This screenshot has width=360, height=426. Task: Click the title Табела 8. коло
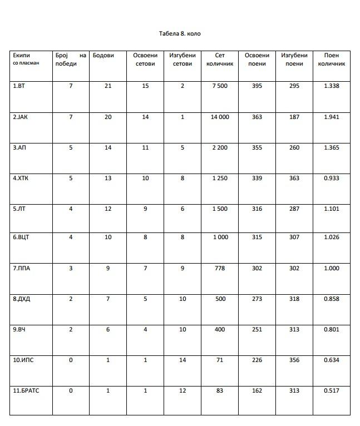point(180,34)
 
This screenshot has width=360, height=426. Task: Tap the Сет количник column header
point(220,60)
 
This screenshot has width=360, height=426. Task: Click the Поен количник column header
point(331,60)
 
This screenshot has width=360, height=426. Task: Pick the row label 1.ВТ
point(19,86)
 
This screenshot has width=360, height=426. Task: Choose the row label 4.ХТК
point(21,179)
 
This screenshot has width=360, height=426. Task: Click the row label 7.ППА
point(22,268)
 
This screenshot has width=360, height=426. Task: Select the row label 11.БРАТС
point(26,391)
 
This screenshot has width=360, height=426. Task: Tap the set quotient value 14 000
point(220,117)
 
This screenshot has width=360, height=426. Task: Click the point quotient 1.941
point(331,117)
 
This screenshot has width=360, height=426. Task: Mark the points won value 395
point(257,86)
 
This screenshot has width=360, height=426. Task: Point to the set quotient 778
point(220,268)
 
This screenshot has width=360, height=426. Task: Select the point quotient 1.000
point(331,268)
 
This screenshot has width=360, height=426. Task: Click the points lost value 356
point(294,360)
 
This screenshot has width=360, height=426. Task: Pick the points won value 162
point(257,391)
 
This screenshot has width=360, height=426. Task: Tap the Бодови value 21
point(108,86)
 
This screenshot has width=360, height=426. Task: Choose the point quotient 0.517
point(331,391)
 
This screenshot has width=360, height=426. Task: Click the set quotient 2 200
point(220,148)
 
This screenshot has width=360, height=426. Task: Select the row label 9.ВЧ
point(19,330)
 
